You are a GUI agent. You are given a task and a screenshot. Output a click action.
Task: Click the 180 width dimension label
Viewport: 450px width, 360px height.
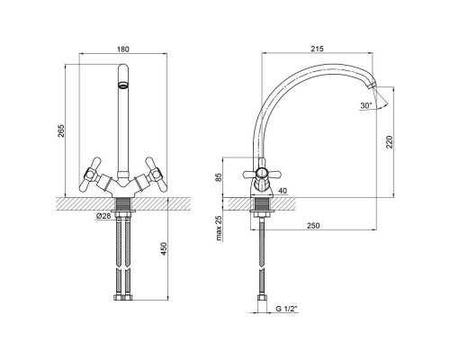click(123, 49)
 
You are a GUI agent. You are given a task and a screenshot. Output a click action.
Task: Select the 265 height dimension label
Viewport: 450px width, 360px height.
click(61, 130)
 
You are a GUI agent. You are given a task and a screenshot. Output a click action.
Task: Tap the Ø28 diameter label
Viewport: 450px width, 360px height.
click(103, 216)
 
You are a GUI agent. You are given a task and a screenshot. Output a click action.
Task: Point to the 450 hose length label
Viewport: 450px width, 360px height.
click(164, 248)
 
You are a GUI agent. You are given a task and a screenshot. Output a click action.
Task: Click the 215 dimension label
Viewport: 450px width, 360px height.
click(317, 49)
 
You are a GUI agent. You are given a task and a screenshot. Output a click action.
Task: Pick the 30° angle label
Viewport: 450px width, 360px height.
click(366, 105)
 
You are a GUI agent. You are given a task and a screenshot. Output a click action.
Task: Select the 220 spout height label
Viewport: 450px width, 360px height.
click(390, 142)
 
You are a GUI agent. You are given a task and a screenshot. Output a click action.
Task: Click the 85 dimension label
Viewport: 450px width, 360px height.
click(219, 177)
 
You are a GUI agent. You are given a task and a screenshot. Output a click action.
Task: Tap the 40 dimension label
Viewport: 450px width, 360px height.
click(283, 191)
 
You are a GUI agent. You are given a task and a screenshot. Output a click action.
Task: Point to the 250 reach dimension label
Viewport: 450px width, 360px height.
click(313, 225)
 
